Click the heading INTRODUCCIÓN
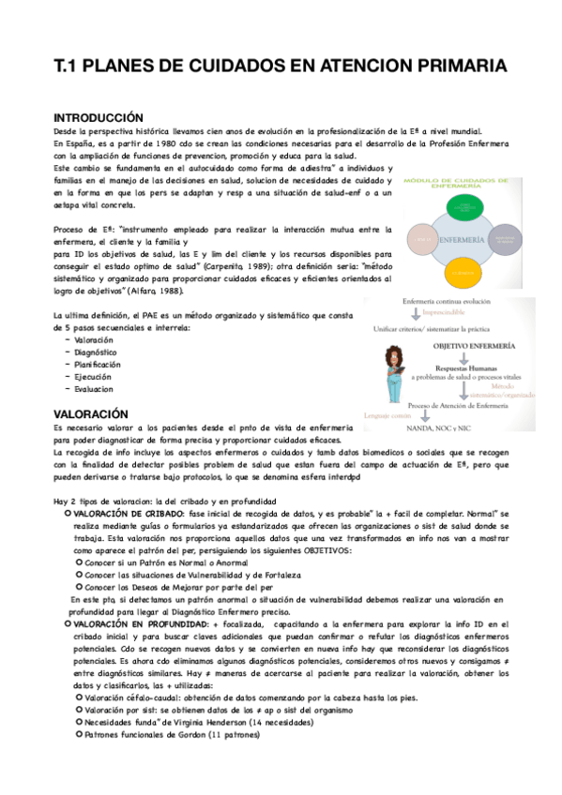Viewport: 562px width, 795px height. (x=99, y=117)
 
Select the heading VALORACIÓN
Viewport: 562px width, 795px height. (x=90, y=412)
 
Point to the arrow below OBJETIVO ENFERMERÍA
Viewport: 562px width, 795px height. (x=465, y=358)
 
